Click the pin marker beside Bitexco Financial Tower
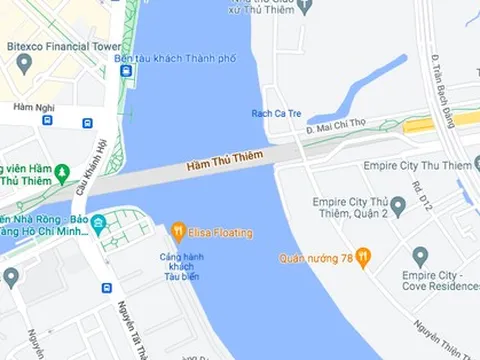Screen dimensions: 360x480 coord(24,65)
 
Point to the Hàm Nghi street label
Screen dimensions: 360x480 coord(32,106)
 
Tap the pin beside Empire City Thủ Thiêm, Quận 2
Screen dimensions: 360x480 coord(397,206)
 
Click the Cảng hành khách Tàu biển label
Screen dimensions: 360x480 coord(182,268)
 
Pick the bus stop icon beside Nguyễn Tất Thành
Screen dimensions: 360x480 coord(106,288)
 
